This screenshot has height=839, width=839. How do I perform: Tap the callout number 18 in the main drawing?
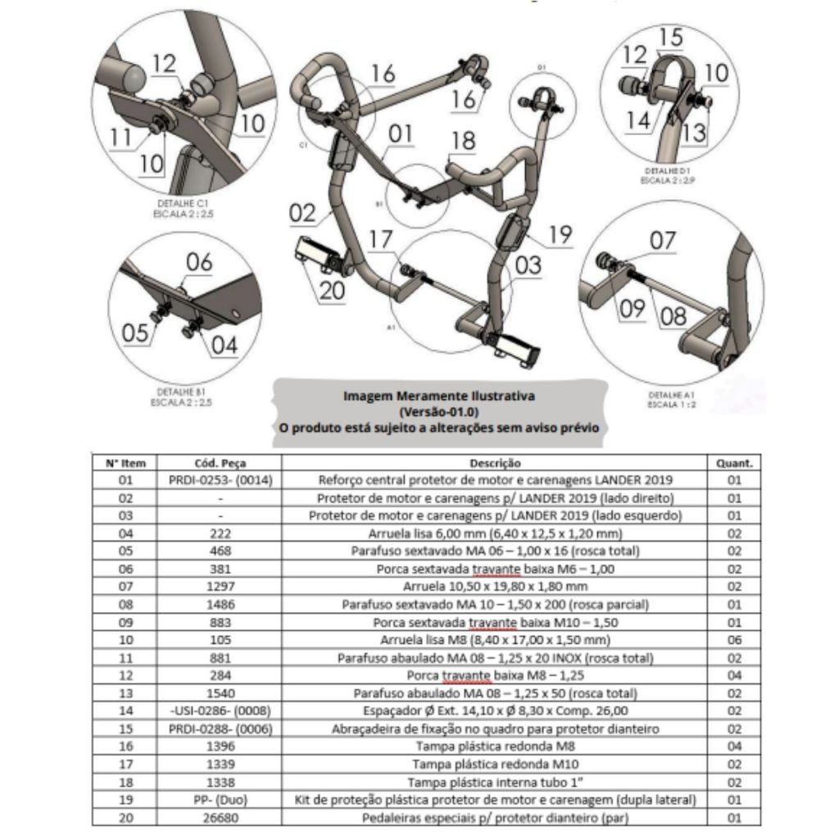coord(463,141)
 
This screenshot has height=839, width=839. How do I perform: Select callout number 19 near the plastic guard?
coord(560,236)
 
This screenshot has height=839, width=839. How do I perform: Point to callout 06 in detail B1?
coord(199,262)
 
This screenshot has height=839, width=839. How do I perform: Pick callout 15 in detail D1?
coord(669,37)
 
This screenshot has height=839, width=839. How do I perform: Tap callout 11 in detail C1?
coord(120,138)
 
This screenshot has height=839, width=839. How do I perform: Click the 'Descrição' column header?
coord(495,463)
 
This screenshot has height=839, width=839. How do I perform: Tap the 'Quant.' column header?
coord(734,463)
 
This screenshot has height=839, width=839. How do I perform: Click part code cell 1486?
coord(220,605)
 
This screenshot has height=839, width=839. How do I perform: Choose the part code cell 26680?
coord(220,818)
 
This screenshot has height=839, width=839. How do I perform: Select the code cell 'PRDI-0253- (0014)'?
coord(220,480)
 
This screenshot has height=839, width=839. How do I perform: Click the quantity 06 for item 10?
coord(734,640)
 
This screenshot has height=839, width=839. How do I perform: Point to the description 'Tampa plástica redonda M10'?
coord(495,764)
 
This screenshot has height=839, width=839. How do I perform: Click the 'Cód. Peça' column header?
coord(220,463)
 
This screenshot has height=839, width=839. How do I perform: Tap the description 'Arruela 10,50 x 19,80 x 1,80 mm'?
coord(495,587)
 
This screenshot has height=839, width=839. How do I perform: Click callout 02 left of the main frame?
coord(302,214)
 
